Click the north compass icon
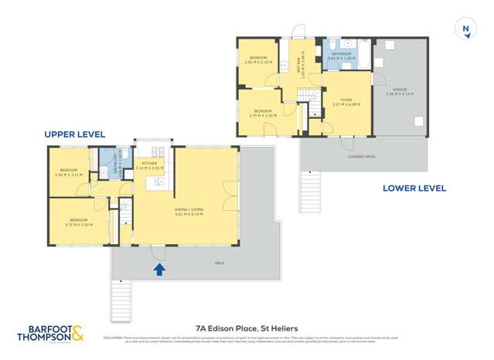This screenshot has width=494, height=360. [465, 29]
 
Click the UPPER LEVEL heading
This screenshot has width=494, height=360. [74, 134]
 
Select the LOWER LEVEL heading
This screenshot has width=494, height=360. [414, 188]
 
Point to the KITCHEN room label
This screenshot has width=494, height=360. [148, 164]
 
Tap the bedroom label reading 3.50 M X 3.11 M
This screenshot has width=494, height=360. [69, 172]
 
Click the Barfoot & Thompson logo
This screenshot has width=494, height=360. [51, 333]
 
